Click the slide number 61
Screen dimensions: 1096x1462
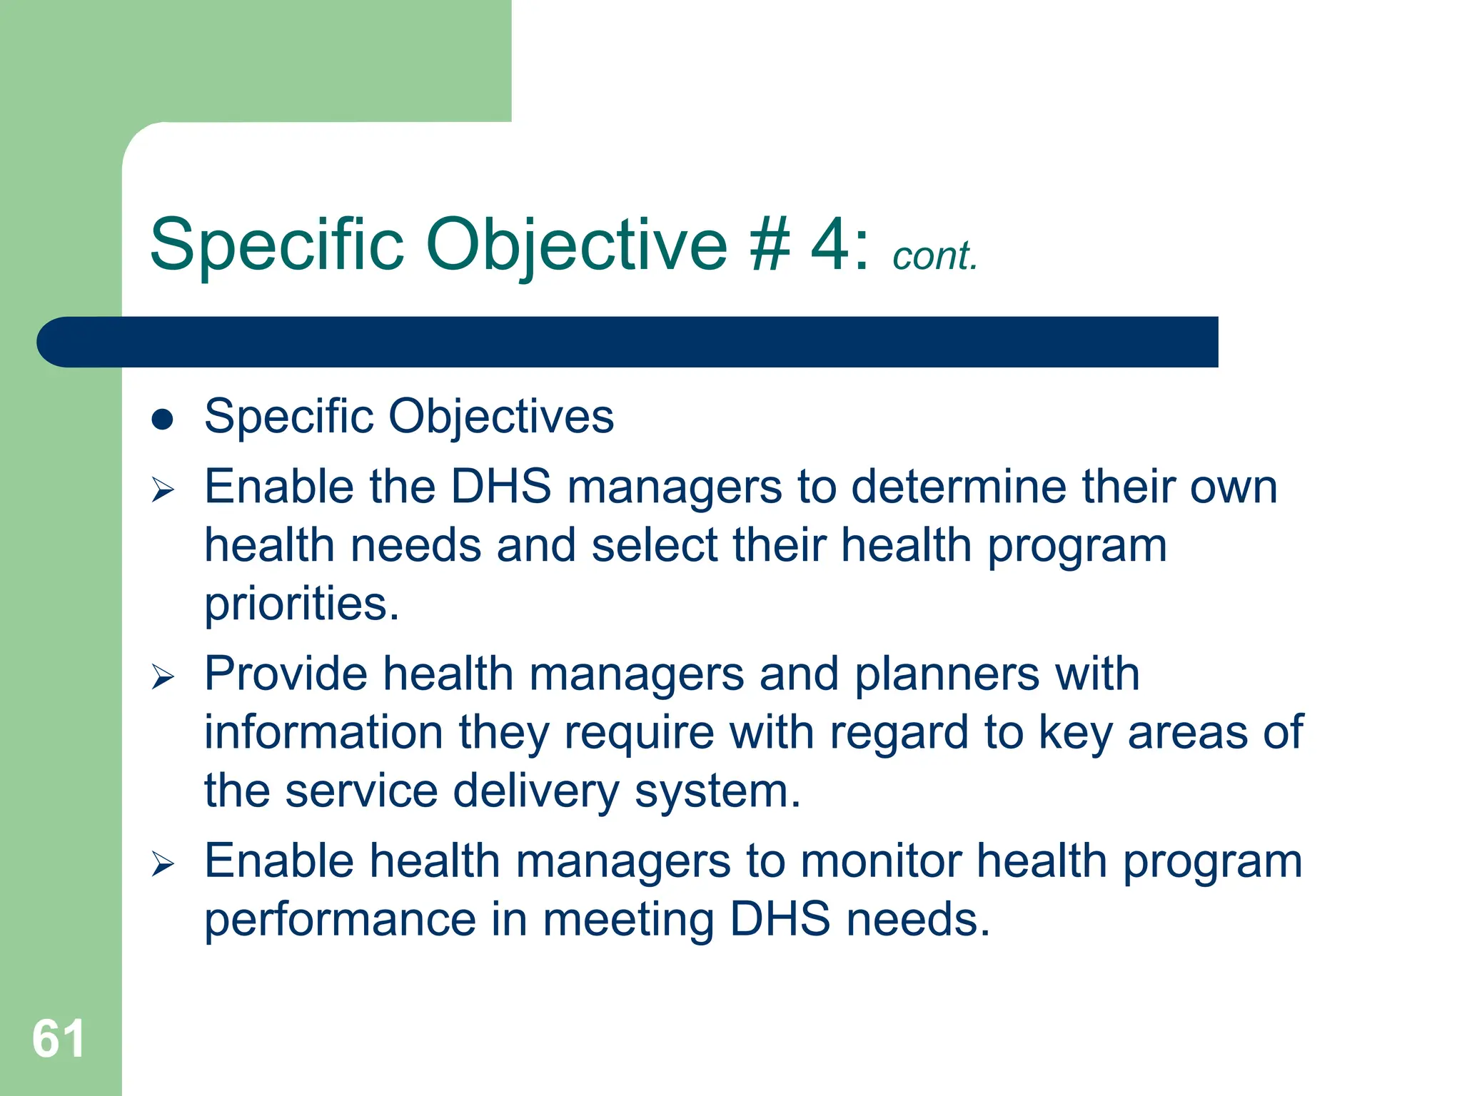tap(59, 1039)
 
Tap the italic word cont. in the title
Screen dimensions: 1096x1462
tap(934, 256)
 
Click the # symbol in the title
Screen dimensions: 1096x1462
tap(770, 245)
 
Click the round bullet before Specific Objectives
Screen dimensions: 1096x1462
tap(163, 420)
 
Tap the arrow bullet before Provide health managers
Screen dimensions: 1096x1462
tap(163, 676)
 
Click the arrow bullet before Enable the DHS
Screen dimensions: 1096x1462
tap(163, 489)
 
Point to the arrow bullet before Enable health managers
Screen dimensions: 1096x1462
tap(163, 864)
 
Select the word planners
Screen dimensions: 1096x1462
tap(947, 674)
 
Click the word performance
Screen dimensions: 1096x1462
tap(341, 920)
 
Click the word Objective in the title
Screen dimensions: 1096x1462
tap(576, 245)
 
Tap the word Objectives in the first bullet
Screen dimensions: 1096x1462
tap(500, 417)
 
